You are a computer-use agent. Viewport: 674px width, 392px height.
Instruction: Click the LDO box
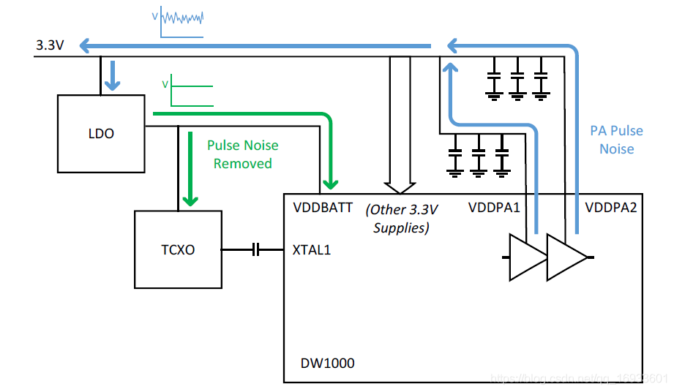coord(101,134)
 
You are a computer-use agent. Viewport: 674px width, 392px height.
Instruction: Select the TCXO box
coord(178,249)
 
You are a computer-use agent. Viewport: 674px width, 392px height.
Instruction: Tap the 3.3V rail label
coord(50,45)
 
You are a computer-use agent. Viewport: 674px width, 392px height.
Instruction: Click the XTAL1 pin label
coord(312,249)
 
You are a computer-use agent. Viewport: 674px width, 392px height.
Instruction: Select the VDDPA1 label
coord(494,208)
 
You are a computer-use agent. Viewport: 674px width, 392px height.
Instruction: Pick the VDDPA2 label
coord(611,208)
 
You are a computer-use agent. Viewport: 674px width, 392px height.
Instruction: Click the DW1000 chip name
coord(327,363)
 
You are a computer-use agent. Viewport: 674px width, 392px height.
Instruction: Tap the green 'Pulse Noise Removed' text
coord(242,154)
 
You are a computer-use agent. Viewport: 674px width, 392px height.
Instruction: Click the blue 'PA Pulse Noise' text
coord(616,140)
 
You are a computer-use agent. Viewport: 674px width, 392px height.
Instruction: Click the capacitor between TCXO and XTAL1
coord(255,250)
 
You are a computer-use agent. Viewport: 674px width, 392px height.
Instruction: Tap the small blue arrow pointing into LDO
coord(111,76)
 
